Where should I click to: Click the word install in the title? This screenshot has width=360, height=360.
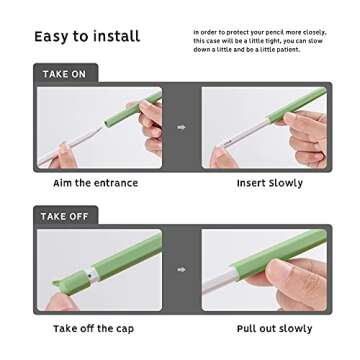pos(117,37)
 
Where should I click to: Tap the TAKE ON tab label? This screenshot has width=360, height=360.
pos(64,74)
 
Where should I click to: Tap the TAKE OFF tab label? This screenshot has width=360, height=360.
pos(65,215)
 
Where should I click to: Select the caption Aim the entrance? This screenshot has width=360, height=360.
pos(95,183)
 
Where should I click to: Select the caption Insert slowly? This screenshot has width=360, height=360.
pos(269,183)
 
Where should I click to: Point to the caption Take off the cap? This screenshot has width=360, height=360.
pos(93,328)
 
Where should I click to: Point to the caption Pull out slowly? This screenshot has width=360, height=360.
pos(274,328)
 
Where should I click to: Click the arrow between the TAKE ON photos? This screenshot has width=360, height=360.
pos(181,127)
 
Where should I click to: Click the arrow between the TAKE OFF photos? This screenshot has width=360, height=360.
pos(181,269)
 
